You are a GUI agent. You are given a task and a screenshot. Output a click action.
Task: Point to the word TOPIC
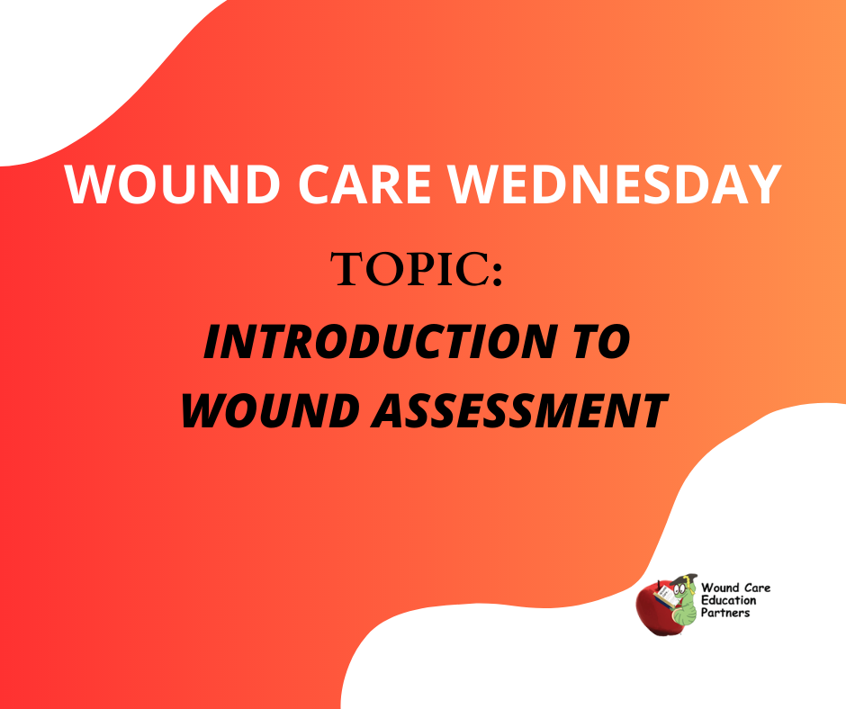[409, 269]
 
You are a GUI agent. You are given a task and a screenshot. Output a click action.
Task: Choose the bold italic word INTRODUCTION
[380, 342]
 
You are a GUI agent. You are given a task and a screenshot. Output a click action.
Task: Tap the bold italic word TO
[603, 342]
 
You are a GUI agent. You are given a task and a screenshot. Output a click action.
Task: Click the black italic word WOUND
[270, 411]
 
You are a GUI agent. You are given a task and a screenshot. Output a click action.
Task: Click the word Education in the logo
[728, 600]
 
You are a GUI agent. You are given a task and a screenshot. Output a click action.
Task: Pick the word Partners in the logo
[725, 613]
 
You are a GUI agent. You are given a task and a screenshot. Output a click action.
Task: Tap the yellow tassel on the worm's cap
[687, 585]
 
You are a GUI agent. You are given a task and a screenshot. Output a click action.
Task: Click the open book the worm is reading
[665, 597]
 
